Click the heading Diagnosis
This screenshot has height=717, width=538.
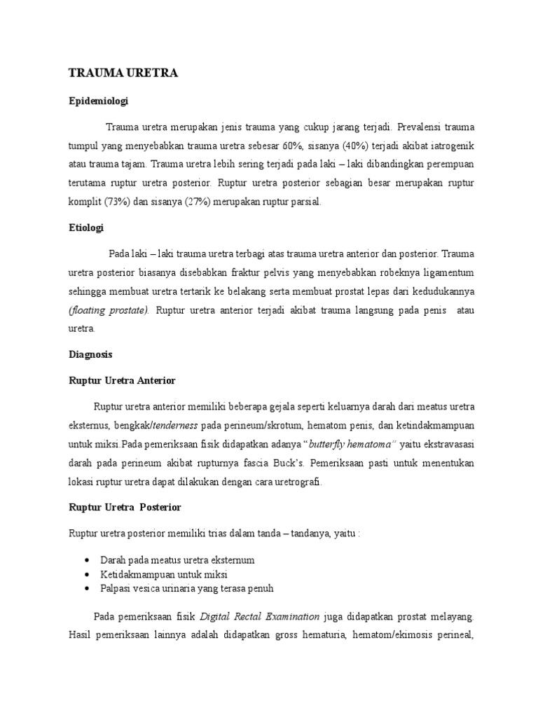(x=90, y=354)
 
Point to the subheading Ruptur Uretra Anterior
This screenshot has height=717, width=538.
(x=121, y=380)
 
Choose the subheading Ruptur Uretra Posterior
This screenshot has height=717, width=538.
(x=123, y=506)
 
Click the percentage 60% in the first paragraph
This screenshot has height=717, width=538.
(x=291, y=146)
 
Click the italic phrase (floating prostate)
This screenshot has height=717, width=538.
(x=109, y=310)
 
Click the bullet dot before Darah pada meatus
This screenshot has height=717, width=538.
(x=85, y=560)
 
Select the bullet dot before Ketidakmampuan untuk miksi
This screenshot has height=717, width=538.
(x=85, y=574)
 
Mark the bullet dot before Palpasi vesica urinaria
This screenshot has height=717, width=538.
(x=85, y=588)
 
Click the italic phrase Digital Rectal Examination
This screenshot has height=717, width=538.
(x=260, y=617)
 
